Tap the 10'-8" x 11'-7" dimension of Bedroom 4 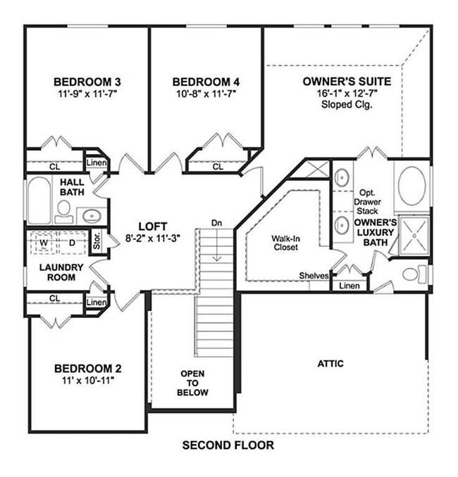206,92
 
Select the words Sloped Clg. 346,104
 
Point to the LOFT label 152,226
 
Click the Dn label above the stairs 217,223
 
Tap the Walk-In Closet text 285,243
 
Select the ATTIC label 330,364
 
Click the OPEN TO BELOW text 193,383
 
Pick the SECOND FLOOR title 228,445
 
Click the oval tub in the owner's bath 411,185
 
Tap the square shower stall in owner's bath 414,234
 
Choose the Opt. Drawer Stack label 367,201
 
